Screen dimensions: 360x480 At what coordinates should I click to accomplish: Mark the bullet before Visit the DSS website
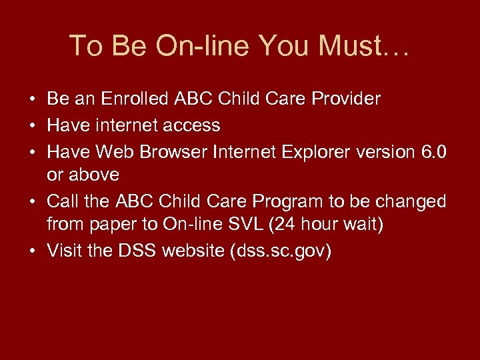coord(32,252)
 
